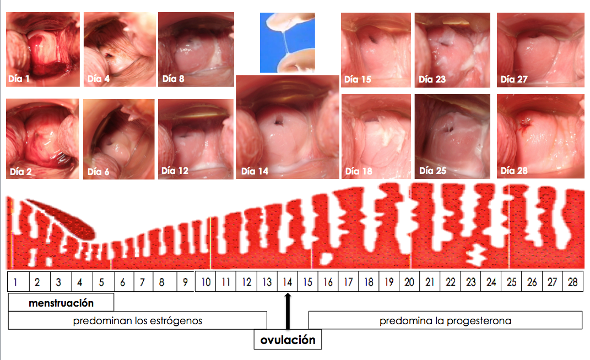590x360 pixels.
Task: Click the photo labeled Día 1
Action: (x=43, y=50)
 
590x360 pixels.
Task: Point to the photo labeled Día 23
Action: (x=452, y=50)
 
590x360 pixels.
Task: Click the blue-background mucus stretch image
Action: (x=287, y=42)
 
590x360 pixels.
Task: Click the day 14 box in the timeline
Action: (x=287, y=282)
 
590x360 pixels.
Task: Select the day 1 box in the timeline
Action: (x=18, y=282)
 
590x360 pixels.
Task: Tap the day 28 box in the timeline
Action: (x=573, y=282)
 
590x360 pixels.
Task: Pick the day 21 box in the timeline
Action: (x=430, y=282)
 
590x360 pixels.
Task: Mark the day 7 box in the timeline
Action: (x=142, y=282)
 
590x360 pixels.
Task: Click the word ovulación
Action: (x=288, y=340)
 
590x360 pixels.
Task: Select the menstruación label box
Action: (x=61, y=303)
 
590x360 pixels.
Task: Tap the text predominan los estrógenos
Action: (x=137, y=320)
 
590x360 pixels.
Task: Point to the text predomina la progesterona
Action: (x=445, y=320)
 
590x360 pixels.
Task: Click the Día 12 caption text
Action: (x=175, y=171)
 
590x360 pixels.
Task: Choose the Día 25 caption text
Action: (x=432, y=171)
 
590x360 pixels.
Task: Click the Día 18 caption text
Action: (x=359, y=171)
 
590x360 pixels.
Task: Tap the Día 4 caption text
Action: (x=99, y=79)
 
